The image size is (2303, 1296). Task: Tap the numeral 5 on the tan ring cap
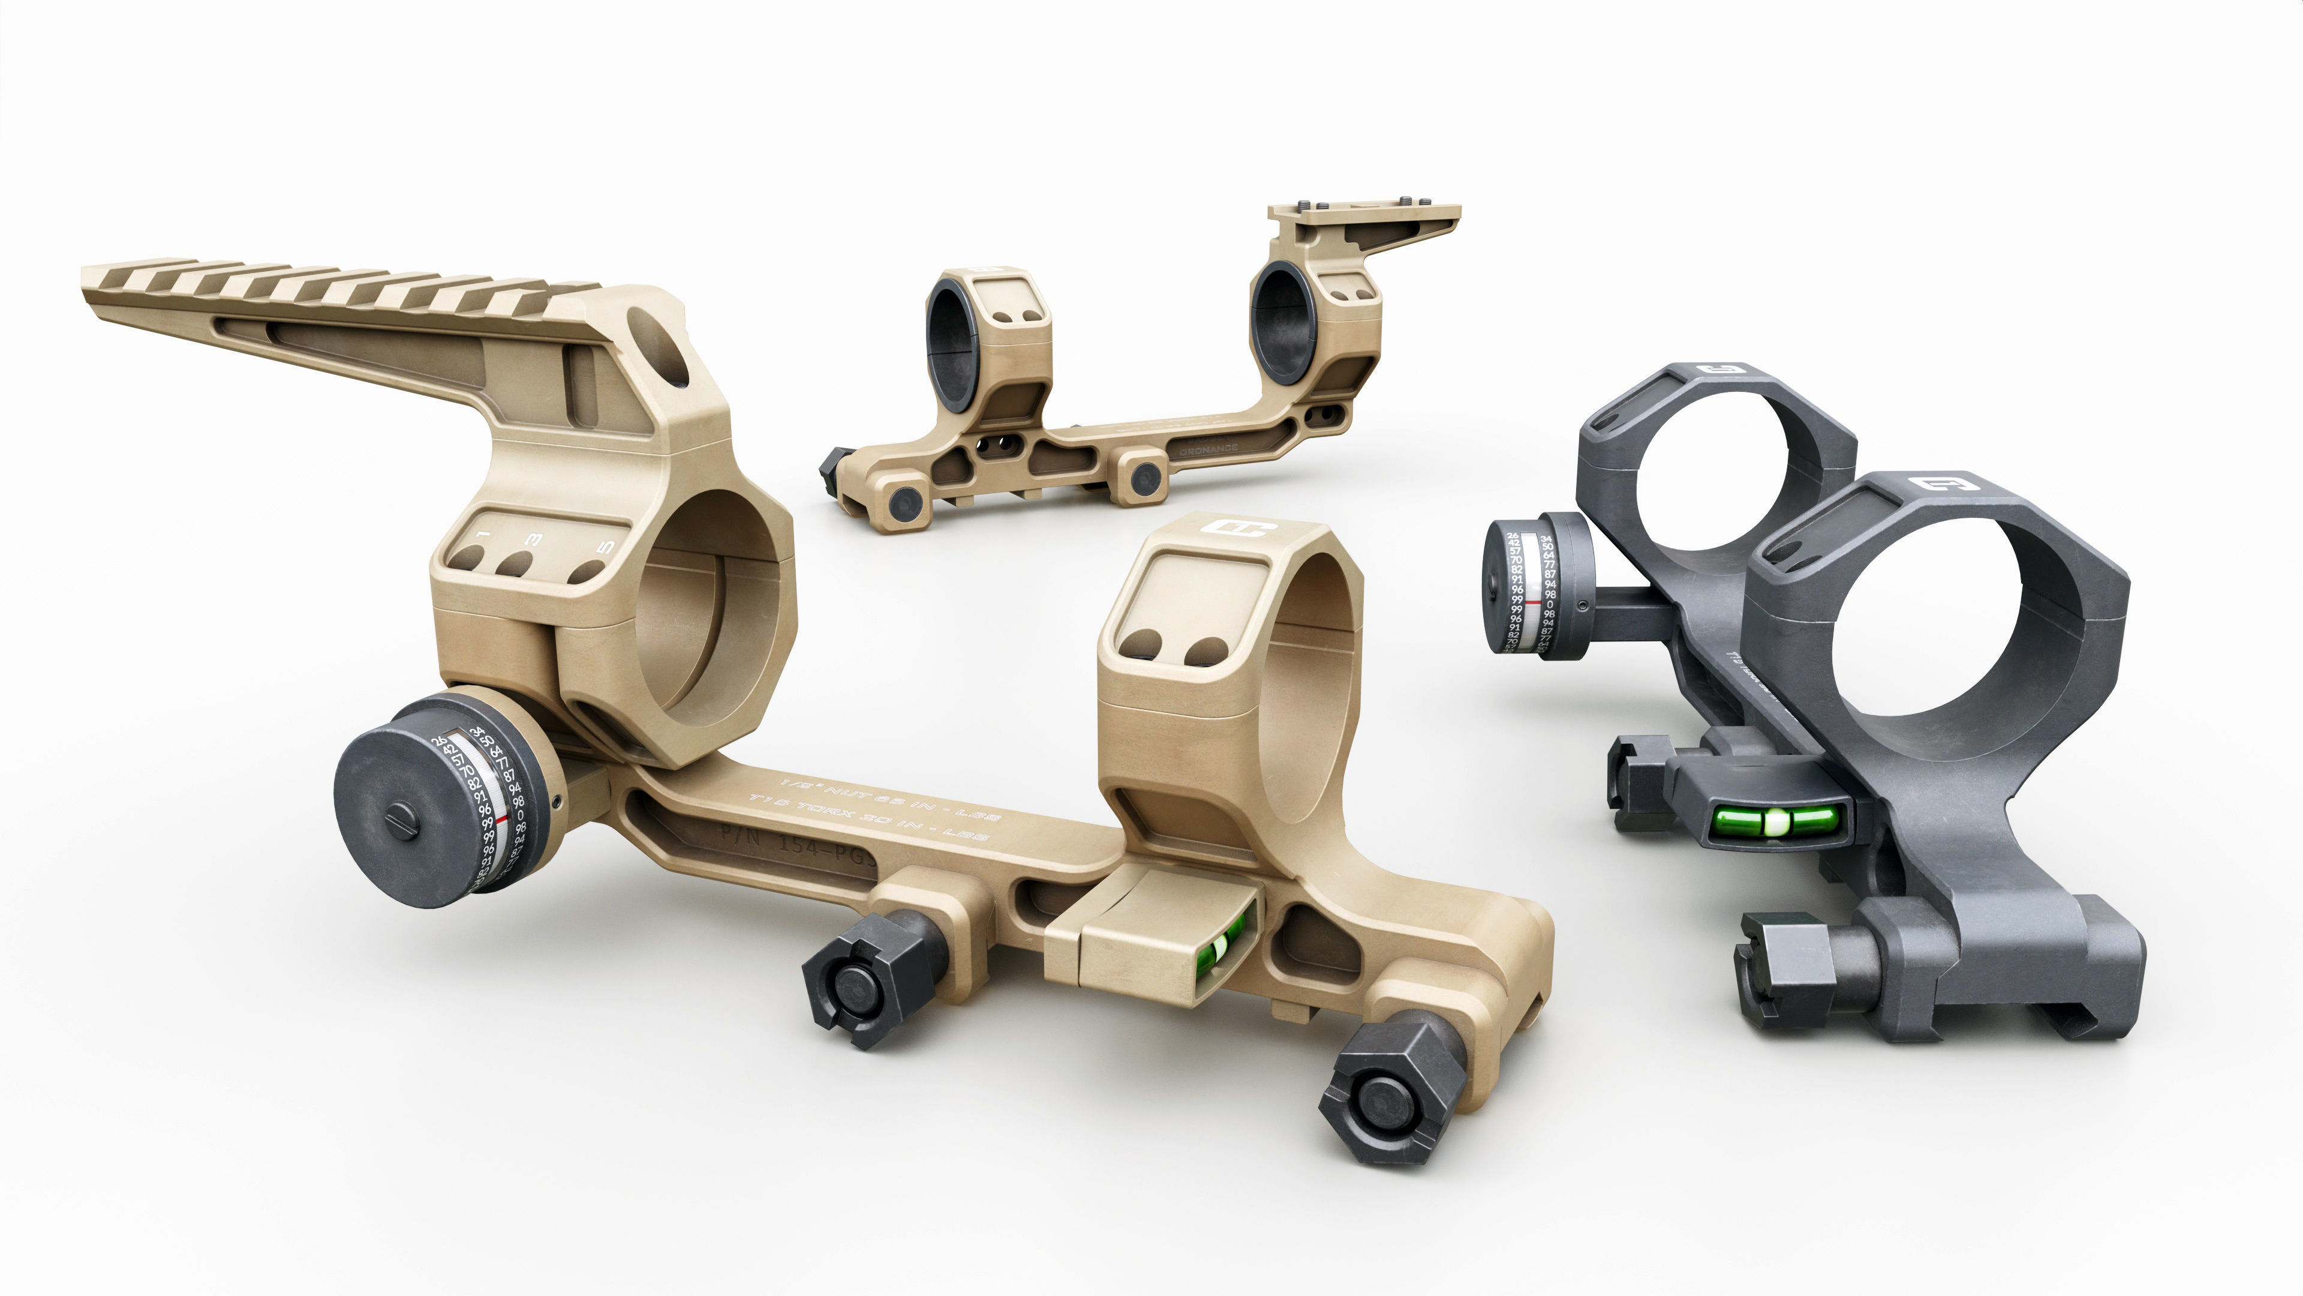pyautogui.click(x=606, y=545)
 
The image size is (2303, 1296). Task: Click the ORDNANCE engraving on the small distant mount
pyautogui.click(x=1208, y=450)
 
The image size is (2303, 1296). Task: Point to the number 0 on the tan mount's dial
pyautogui.click(x=521, y=816)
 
